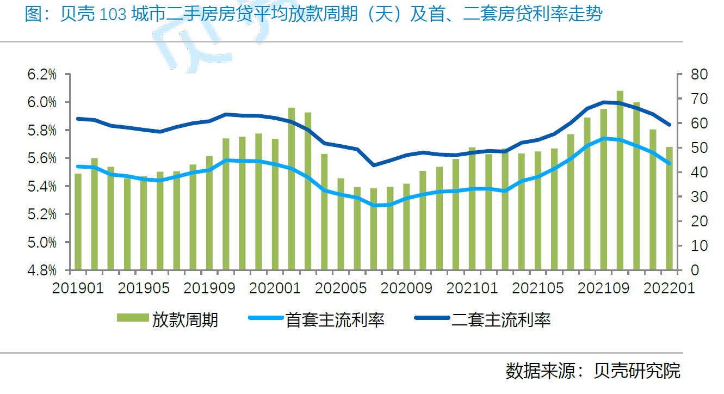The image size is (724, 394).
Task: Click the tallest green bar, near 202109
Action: point(620,180)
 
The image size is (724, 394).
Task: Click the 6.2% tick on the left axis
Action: point(42,75)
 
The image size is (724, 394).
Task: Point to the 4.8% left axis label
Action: point(42,270)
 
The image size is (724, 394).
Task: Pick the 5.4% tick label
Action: point(42,187)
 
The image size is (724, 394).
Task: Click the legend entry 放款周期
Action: point(185,319)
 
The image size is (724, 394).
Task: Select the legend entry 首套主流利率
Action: point(335,319)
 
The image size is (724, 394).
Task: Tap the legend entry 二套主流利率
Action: point(501,319)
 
